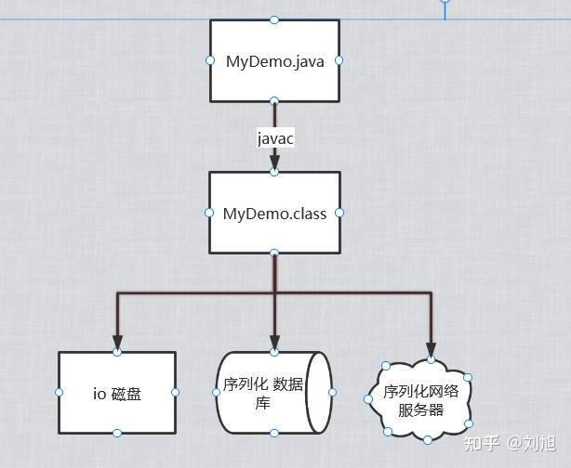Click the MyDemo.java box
274,60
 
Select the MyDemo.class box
274,213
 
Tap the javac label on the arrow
276,138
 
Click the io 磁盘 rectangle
117,393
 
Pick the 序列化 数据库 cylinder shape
274,393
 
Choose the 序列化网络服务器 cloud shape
420,400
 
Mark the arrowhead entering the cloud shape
432,348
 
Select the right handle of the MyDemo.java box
339,60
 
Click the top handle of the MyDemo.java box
274,19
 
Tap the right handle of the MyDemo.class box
339,213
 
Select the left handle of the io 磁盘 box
59,393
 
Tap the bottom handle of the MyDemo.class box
274,253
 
